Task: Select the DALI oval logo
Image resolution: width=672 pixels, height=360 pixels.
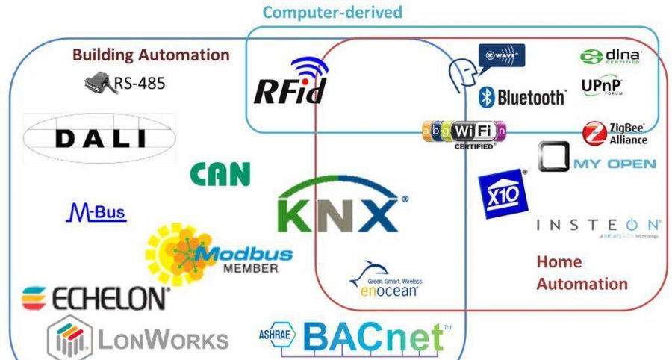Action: click(x=100, y=139)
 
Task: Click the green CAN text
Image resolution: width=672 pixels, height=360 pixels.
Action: click(x=220, y=174)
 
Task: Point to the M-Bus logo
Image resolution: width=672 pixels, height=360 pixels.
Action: click(x=96, y=214)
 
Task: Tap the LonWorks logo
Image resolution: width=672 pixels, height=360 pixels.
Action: click(x=137, y=338)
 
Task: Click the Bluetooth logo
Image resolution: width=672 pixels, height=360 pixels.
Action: click(x=522, y=97)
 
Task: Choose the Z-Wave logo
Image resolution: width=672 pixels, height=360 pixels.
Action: click(x=501, y=55)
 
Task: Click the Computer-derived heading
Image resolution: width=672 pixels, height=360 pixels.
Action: click(x=332, y=12)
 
